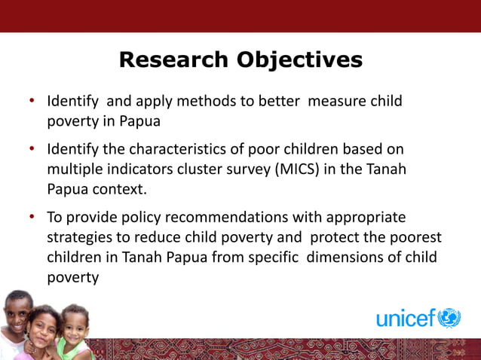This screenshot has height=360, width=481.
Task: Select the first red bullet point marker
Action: point(32,101)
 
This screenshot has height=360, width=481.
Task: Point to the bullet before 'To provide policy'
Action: point(32,218)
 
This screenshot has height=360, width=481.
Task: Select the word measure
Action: point(335,101)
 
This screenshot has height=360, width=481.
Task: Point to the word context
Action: point(118,188)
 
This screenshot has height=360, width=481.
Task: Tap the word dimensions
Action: point(332,258)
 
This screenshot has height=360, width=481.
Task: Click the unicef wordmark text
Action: point(406,319)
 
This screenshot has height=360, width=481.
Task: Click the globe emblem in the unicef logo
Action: point(449,318)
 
